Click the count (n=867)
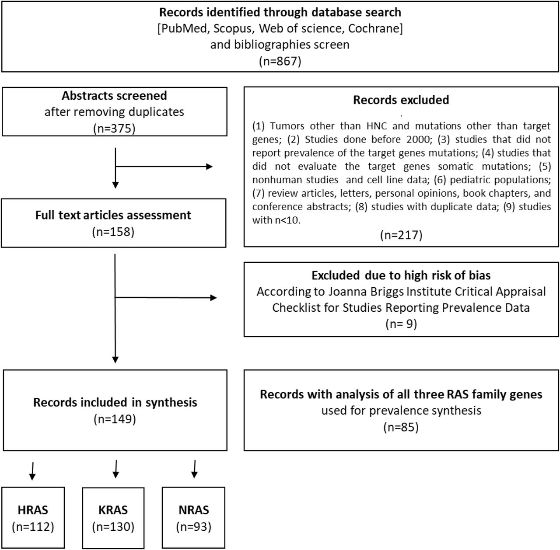click(280, 61)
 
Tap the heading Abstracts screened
click(114, 96)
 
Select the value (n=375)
click(114, 128)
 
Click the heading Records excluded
click(401, 100)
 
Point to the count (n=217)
click(401, 235)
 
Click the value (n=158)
click(113, 232)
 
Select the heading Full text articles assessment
click(113, 215)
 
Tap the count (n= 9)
click(401, 324)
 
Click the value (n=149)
click(115, 419)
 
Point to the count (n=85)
click(401, 427)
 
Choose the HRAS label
click(33, 510)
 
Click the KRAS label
click(113, 510)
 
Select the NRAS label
click(193, 510)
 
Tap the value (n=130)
click(113, 527)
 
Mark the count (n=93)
click(193, 527)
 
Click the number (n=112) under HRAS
click(33, 527)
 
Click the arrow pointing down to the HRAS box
click(32, 471)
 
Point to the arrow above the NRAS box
click(194, 469)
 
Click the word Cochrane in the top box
click(374, 28)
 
